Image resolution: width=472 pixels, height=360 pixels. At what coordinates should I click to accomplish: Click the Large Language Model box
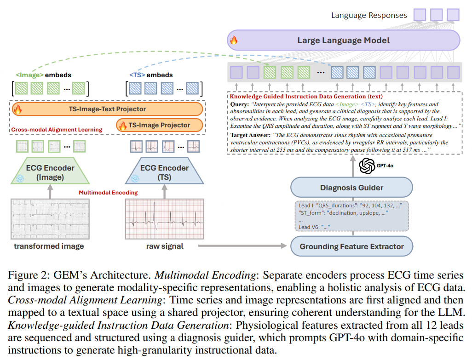click(x=344, y=40)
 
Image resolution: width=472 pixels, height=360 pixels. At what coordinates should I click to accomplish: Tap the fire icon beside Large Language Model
click(x=234, y=40)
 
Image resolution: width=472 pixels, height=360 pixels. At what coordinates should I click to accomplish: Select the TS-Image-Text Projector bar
click(x=108, y=109)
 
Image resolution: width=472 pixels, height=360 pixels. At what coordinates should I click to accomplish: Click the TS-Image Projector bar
click(x=159, y=125)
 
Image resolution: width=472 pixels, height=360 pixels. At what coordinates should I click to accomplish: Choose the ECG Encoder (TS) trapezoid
click(x=164, y=171)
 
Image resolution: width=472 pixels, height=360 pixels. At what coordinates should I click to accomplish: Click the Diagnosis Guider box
click(x=351, y=188)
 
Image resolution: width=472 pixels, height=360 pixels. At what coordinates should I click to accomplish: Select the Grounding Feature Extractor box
click(x=351, y=246)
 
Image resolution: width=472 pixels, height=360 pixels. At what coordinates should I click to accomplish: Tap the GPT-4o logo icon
click(x=367, y=166)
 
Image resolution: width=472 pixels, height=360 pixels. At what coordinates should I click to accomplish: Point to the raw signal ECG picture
click(x=165, y=218)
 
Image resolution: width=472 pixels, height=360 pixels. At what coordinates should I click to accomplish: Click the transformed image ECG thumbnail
click(x=48, y=218)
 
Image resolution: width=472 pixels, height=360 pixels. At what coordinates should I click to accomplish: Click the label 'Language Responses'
click(x=369, y=15)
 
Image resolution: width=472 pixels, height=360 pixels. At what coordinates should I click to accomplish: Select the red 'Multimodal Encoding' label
click(x=108, y=192)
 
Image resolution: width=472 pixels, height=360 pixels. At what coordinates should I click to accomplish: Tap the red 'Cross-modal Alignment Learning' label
click(x=56, y=130)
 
